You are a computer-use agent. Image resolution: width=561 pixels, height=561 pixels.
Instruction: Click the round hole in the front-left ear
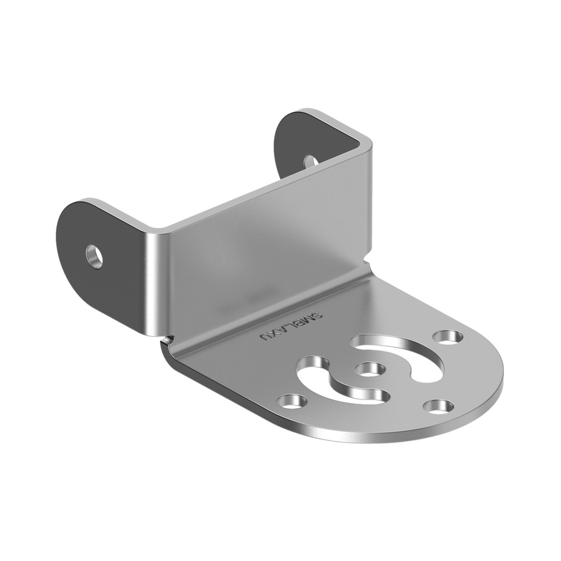click(94, 256)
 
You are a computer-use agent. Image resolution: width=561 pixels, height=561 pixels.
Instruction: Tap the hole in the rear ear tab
click(310, 161)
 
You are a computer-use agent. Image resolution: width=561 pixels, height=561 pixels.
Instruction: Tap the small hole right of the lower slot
click(438, 407)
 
